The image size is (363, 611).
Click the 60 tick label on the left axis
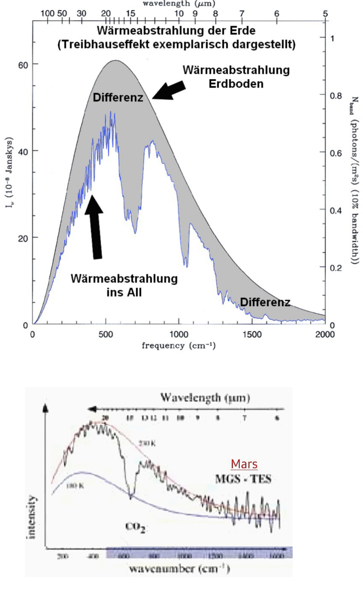[x=23, y=65]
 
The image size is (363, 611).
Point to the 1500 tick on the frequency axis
[x=252, y=334]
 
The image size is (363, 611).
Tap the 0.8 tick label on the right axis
[x=335, y=96]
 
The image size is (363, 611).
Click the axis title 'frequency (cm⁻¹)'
[x=178, y=346]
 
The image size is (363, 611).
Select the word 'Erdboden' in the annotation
[x=236, y=84]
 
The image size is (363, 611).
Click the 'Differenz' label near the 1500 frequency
[x=265, y=302]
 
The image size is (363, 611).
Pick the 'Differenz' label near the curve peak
[x=118, y=98]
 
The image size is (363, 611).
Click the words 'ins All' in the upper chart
[x=124, y=292]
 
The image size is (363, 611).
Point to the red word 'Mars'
[x=244, y=464]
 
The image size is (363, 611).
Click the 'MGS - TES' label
[x=243, y=479]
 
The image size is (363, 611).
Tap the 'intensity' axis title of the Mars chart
[x=32, y=517]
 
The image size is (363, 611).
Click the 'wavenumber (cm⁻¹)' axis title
[x=179, y=568]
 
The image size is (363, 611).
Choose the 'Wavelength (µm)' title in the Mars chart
[x=205, y=398]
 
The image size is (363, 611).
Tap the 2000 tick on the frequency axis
[x=325, y=334]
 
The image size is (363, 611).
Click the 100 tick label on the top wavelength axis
[x=47, y=13]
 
